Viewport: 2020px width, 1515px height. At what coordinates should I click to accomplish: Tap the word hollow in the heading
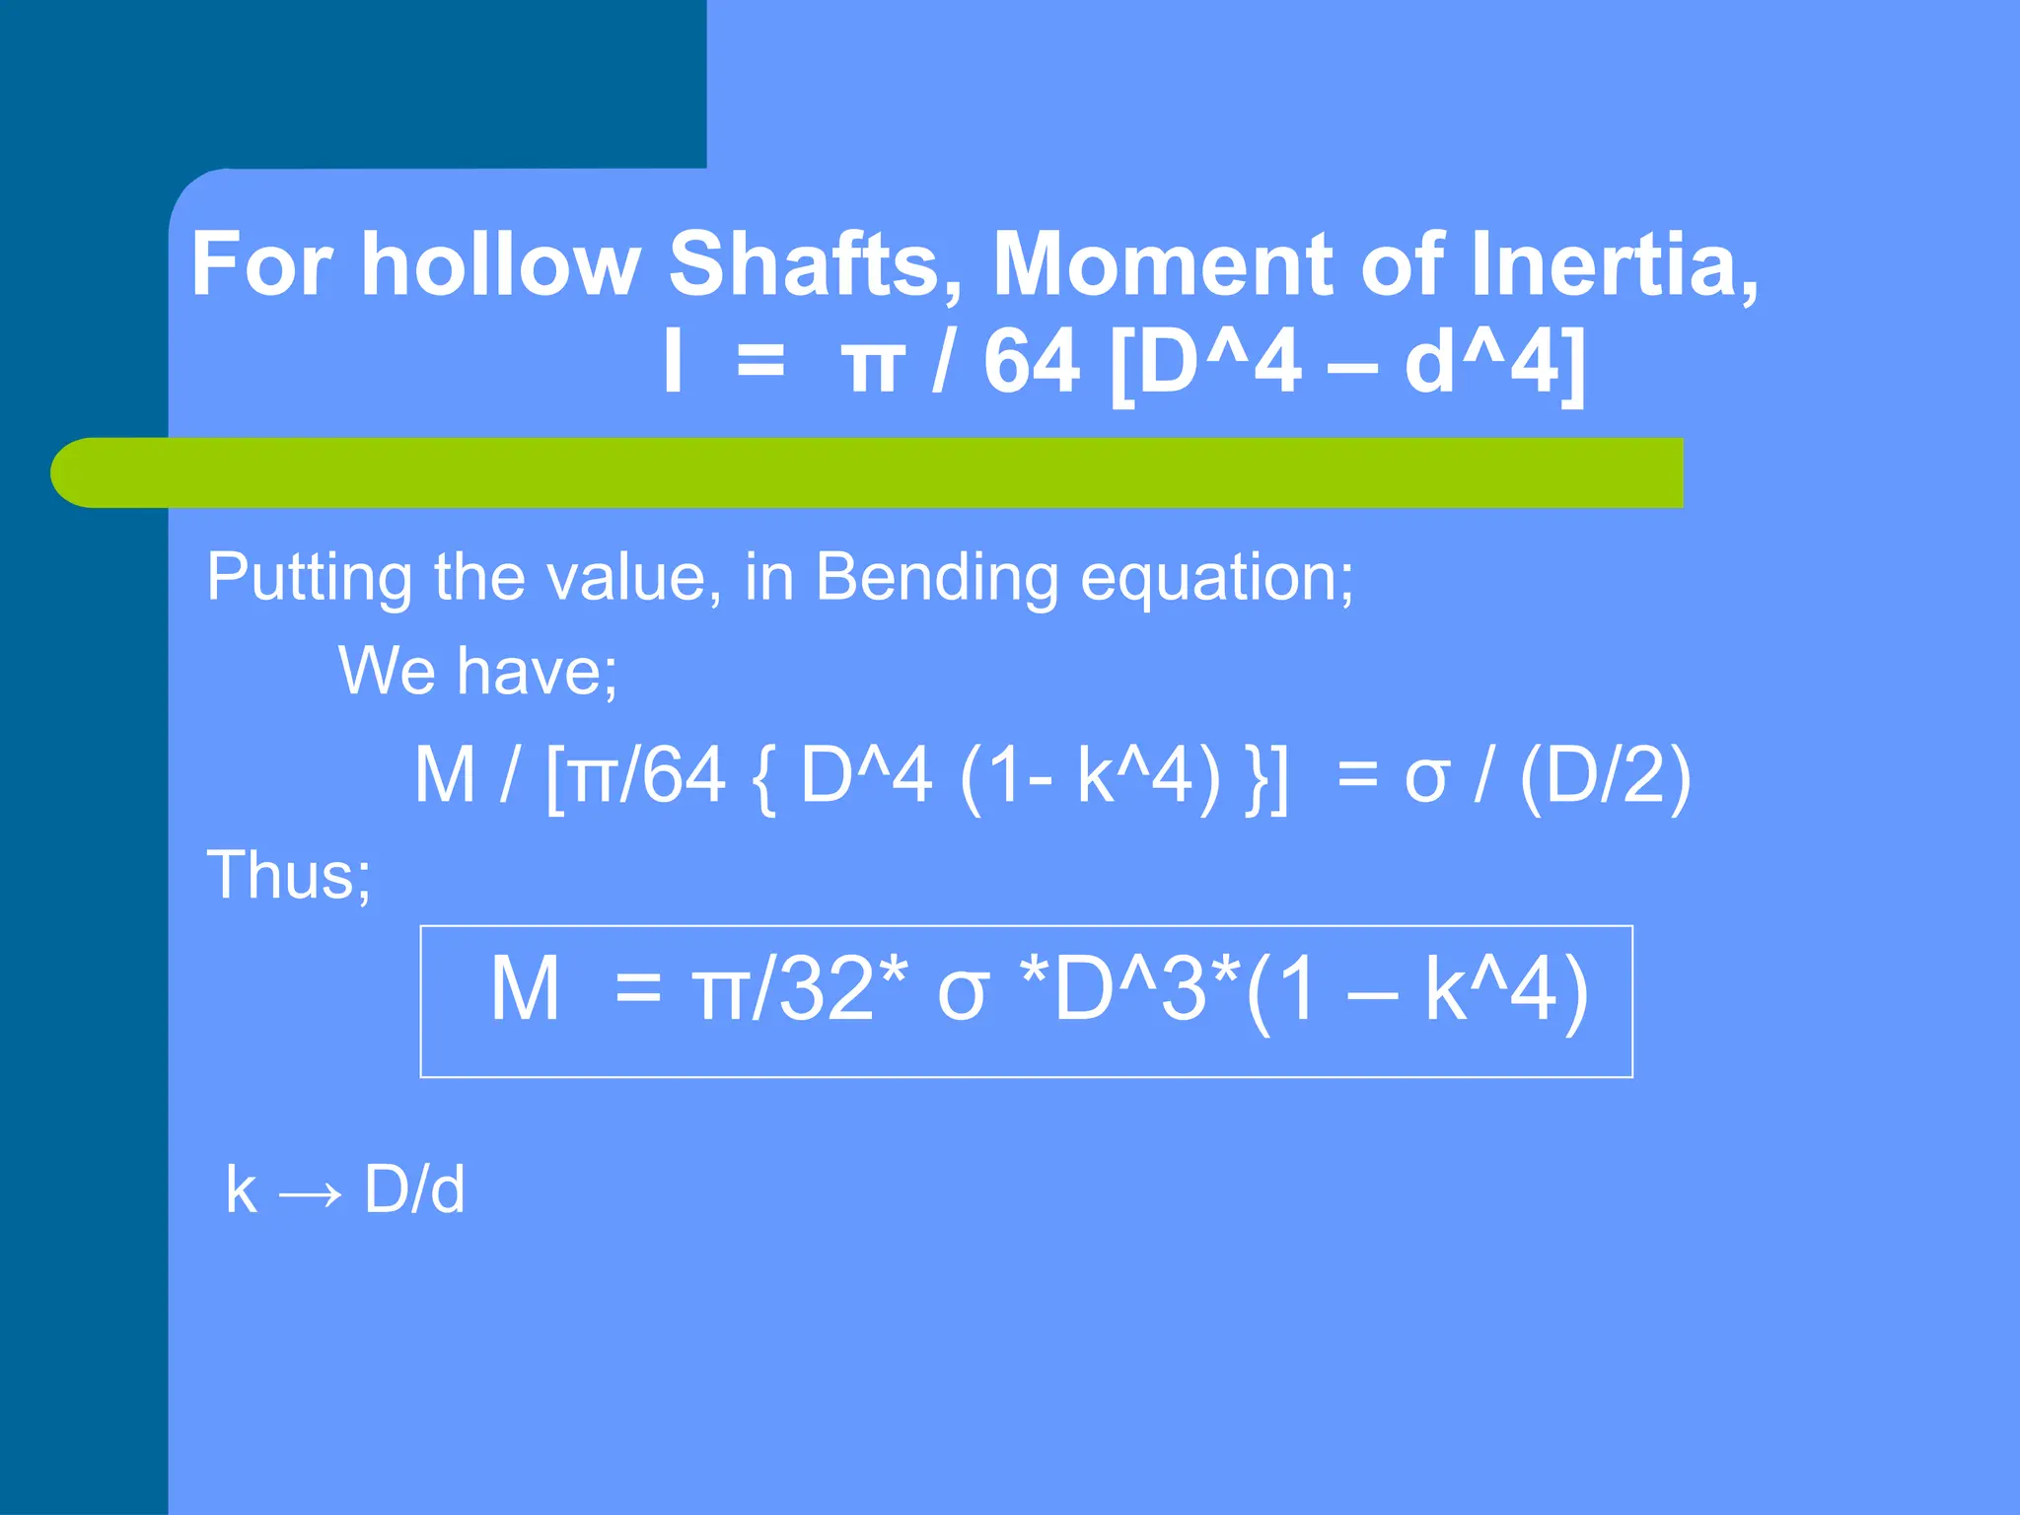(500, 264)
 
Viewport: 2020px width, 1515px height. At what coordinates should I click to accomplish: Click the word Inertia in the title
(1612, 264)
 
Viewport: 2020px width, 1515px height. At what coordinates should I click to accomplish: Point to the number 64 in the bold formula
(1031, 361)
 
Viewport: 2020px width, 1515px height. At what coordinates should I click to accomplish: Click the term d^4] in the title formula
(1495, 361)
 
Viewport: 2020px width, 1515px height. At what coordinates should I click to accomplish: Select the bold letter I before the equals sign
(673, 361)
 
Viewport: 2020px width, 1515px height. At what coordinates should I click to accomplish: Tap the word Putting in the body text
(309, 577)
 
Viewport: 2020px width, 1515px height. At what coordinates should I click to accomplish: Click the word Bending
(935, 577)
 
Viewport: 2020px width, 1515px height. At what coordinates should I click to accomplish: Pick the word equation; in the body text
(1216, 577)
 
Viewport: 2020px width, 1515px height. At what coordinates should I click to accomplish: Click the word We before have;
(387, 671)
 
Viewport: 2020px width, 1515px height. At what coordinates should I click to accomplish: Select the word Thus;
(289, 874)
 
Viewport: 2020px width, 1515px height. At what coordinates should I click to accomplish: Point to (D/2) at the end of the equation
(1606, 777)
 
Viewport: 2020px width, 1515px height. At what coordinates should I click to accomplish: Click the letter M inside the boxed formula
(525, 989)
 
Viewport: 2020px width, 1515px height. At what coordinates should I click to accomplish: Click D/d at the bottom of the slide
(414, 1190)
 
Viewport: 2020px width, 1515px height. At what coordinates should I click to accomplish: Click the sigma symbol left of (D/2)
(1426, 779)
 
